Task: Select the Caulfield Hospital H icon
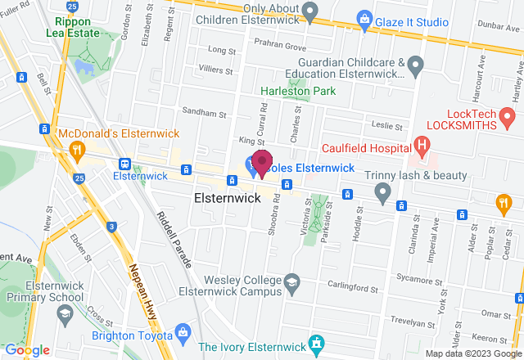coord(422,147)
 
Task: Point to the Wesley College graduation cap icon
coord(291,283)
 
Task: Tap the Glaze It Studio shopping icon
coord(364,16)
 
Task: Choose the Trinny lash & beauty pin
coord(382,193)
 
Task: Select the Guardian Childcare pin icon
coord(415,63)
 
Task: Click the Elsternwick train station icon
coord(124,164)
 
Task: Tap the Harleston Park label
coord(287,92)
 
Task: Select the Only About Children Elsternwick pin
coord(309,11)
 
